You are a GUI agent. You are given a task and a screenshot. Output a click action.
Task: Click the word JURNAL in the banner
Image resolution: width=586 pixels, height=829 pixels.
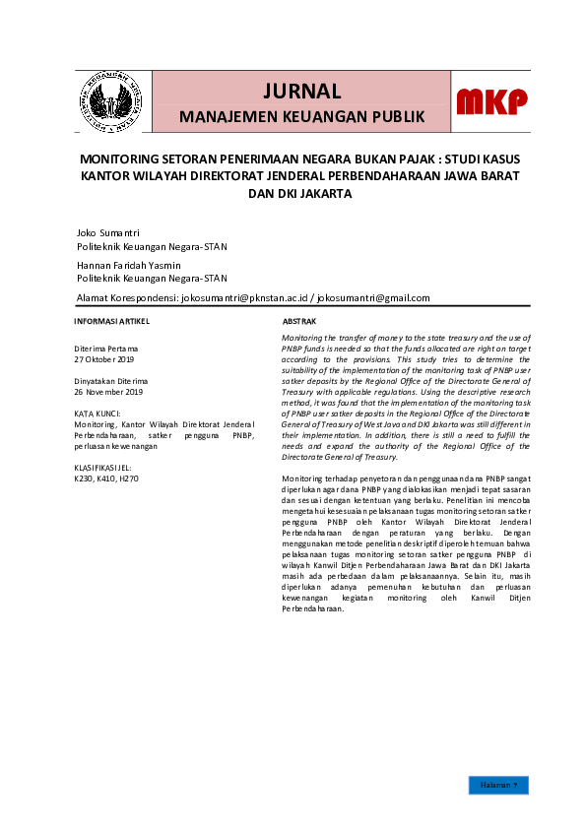click(x=301, y=92)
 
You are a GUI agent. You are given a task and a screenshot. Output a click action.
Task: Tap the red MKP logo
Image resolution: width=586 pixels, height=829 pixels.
click(x=490, y=101)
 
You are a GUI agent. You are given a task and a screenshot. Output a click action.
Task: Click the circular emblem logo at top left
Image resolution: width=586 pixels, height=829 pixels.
click(x=108, y=101)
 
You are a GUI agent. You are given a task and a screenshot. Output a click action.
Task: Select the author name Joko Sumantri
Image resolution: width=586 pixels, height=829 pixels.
click(x=108, y=232)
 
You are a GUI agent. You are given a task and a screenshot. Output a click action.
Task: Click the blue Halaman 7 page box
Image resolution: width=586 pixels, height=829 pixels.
click(x=498, y=785)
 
